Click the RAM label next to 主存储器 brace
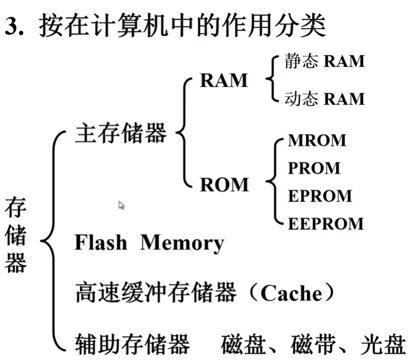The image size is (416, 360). point(224,81)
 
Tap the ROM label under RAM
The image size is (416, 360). point(224,185)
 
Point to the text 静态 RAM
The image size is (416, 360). point(324,61)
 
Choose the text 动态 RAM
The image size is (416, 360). point(324,99)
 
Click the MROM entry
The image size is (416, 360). point(317,140)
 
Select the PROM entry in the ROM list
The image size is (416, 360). point(314,168)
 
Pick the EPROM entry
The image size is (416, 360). point(319,196)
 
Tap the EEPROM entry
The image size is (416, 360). point(325,224)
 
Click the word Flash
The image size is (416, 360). point(100,242)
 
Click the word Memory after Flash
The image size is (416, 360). point(182,243)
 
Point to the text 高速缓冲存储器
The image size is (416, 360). point(155,294)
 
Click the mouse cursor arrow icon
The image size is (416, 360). point(121,205)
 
